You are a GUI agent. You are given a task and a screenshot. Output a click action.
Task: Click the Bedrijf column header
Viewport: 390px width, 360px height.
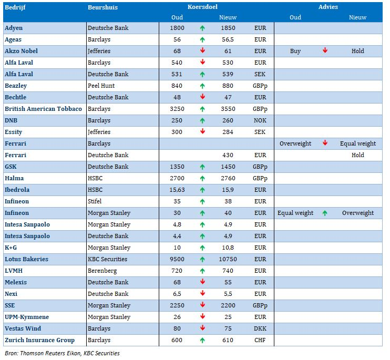(15, 7)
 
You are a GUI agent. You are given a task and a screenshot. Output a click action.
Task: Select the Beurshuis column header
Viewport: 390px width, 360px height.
(102, 7)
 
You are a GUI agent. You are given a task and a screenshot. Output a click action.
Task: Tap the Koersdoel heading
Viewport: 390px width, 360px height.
(202, 7)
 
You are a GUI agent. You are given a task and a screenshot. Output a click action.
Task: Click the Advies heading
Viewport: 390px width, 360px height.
(328, 7)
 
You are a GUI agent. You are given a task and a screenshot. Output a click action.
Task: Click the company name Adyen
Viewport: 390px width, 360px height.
(14, 28)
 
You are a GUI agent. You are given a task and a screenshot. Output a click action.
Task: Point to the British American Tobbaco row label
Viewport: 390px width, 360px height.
(43, 109)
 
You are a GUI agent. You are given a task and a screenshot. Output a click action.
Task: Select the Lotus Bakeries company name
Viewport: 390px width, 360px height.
(27, 259)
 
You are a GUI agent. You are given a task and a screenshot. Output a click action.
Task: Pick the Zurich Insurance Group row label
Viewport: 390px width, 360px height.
(39, 340)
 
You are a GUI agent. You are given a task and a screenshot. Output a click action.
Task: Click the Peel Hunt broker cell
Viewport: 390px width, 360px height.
(101, 86)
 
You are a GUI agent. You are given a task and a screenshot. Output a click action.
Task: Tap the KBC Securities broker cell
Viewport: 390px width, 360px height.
(107, 259)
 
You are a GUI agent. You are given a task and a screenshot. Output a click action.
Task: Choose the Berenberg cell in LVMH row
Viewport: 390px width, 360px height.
(102, 271)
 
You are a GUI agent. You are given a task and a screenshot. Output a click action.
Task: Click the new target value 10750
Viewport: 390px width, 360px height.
(228, 259)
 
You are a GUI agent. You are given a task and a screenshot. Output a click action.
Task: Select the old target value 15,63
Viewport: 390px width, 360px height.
(177, 190)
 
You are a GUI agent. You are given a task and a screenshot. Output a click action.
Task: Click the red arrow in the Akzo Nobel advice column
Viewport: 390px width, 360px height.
(325, 50)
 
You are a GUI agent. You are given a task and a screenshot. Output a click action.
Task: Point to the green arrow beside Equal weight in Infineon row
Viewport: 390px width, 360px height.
(325, 213)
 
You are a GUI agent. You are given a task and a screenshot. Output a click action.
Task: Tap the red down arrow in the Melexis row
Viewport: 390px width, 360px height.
(203, 282)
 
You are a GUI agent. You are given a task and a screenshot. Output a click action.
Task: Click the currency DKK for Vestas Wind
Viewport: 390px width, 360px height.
(260, 328)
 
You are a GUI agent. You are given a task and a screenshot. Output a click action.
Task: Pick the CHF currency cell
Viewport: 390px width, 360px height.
(260, 340)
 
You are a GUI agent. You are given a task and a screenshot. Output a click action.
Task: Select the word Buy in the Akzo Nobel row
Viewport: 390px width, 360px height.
(295, 51)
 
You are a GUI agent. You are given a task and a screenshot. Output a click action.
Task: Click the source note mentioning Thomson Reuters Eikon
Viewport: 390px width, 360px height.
(62, 353)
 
